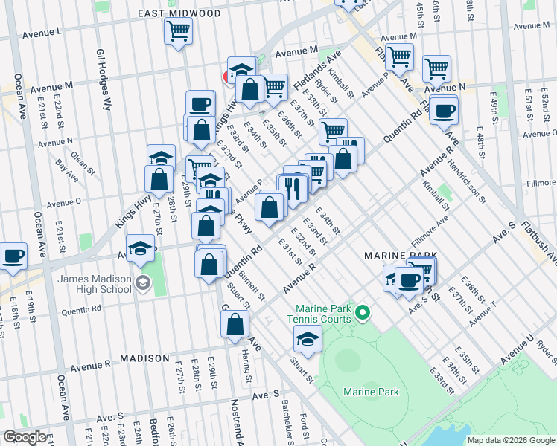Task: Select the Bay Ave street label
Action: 67,169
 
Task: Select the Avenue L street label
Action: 42,33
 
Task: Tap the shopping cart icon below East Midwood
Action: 178,32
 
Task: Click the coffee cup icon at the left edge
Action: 11,256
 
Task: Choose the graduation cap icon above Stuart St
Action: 306,339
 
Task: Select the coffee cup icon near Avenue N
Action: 445,111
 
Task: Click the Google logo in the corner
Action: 25,437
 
